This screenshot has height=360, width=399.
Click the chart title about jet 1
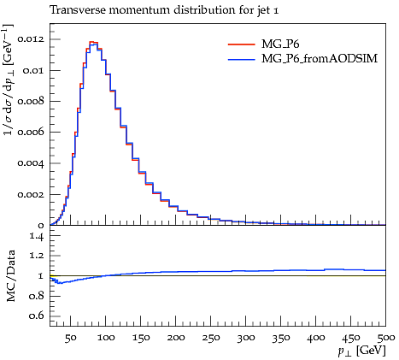pyautogui.click(x=164, y=10)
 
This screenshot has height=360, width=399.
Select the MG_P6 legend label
pyautogui.click(x=280, y=44)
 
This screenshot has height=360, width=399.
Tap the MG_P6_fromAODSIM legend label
pyautogui.click(x=320, y=58)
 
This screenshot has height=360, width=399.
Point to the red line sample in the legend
pyautogui.click(x=242, y=44)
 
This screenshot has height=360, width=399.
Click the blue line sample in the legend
pyautogui.click(x=242, y=59)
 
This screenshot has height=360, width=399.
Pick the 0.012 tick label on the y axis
pyautogui.click(x=31, y=38)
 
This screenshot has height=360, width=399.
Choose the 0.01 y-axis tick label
pyautogui.click(x=34, y=70)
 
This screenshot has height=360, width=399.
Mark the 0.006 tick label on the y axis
pyautogui.click(x=31, y=132)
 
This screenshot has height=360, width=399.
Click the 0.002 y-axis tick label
pyautogui.click(x=31, y=194)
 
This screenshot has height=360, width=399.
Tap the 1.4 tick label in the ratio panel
pyautogui.click(x=37, y=236)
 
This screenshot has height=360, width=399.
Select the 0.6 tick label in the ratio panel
pyautogui.click(x=37, y=316)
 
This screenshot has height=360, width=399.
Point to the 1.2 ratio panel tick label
pyautogui.click(x=37, y=256)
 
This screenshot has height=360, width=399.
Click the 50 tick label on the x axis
pyautogui.click(x=70, y=338)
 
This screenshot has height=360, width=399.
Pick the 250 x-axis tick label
pyautogui.click(x=210, y=338)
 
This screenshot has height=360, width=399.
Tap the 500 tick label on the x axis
pyautogui.click(x=385, y=338)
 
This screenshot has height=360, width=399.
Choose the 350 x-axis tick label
pyautogui.click(x=280, y=338)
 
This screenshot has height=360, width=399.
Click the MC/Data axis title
pyautogui.click(x=10, y=276)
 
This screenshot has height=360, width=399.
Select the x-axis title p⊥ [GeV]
pyautogui.click(x=361, y=351)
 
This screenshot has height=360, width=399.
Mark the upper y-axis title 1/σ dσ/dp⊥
pyautogui.click(x=9, y=80)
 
